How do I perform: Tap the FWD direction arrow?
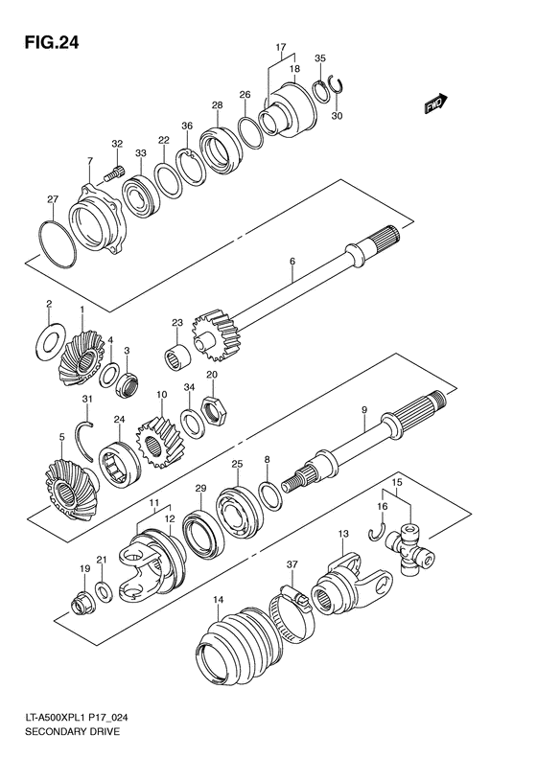coord(434,103)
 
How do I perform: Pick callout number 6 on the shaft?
coord(292,261)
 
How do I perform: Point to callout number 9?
coord(363,411)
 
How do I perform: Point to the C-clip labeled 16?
coord(377,528)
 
